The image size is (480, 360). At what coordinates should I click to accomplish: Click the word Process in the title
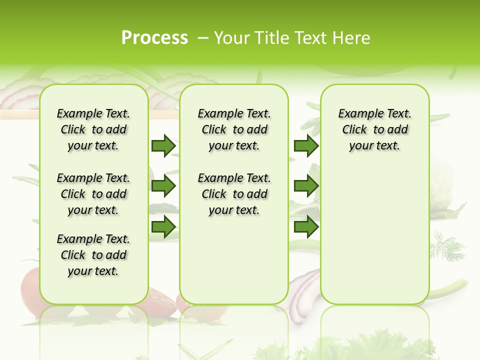154,38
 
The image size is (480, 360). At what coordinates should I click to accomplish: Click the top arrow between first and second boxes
163,145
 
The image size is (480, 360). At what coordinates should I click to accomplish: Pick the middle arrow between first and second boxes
163,186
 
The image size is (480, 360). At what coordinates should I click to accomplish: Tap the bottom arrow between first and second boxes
163,227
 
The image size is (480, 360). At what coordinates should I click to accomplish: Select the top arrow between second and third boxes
306,145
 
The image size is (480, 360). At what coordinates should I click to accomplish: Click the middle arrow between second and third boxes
306,186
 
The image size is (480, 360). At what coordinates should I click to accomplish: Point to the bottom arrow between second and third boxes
306,227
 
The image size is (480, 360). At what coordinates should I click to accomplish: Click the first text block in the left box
93,129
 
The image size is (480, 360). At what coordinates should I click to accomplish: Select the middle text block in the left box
93,194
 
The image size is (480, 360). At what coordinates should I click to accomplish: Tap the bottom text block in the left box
93,255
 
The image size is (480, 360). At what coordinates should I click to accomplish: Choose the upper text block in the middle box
234,129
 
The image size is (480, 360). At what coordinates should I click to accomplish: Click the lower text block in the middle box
234,194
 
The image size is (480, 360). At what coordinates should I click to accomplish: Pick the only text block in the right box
375,129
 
